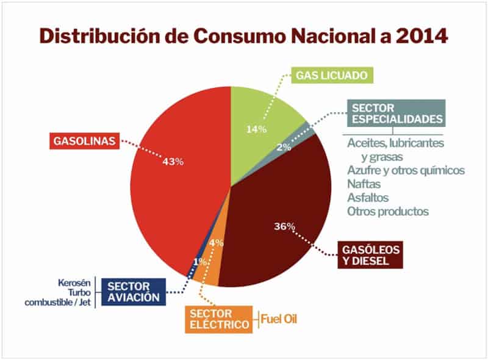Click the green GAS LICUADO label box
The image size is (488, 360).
(332, 76)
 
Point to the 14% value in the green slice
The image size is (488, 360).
(256, 129)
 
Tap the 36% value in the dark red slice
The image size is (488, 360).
(284, 226)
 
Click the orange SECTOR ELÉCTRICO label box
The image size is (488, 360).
(218, 319)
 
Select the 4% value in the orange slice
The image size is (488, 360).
(217, 243)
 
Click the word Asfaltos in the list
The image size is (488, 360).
(368, 198)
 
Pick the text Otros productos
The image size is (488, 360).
(388, 212)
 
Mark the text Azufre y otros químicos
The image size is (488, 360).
(406, 170)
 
